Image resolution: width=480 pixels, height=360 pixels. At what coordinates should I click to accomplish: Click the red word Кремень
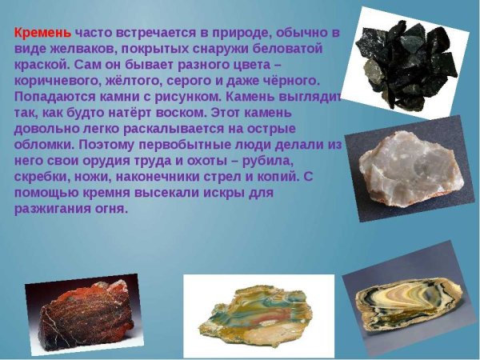coord(42,34)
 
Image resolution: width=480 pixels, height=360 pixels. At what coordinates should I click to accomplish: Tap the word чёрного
coord(290,82)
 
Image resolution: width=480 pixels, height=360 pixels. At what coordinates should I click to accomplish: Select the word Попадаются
coord(54,98)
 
